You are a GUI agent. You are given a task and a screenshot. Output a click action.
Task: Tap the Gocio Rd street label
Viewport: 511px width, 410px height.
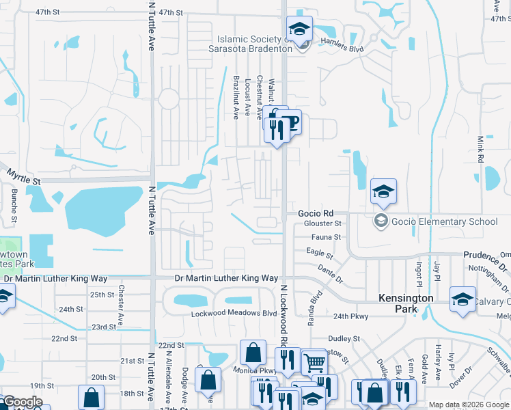[315, 213]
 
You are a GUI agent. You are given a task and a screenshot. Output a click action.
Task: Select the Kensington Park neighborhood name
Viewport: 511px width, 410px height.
[406, 304]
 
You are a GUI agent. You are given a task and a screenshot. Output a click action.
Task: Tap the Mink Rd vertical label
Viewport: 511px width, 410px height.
[480, 149]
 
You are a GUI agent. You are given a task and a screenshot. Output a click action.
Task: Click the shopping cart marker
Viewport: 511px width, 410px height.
[314, 363]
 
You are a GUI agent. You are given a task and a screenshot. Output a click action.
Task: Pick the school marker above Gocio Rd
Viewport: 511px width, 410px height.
[384, 191]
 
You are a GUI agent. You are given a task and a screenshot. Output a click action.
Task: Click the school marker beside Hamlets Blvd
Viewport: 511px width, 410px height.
[299, 29]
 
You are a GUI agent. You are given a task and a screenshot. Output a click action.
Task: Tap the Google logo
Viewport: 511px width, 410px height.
[23, 402]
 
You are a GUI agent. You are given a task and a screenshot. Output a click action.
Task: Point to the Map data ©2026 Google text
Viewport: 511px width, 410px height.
[469, 405]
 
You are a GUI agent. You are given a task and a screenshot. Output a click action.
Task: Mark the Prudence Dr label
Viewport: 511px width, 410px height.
[486, 255]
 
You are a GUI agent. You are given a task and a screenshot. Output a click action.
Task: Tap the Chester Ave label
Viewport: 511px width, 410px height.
[120, 305]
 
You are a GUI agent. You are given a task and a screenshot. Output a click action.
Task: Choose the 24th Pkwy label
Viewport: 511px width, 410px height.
[350, 316]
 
